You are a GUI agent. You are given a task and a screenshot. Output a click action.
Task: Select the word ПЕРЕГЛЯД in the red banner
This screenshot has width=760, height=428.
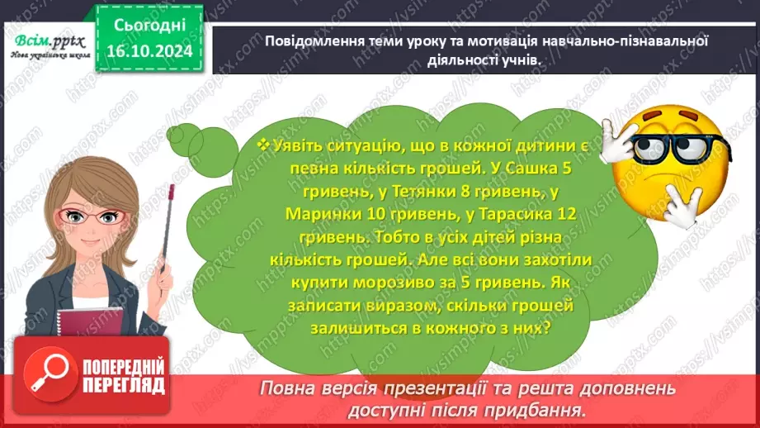click(123, 385)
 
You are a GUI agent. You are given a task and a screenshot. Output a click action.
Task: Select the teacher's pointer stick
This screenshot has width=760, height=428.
click(167, 240)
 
